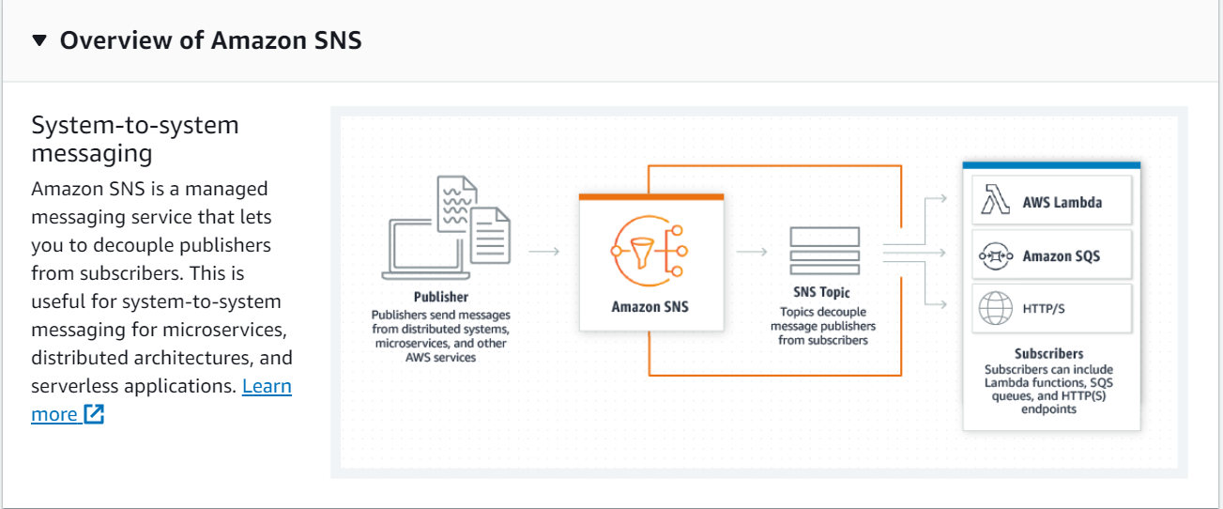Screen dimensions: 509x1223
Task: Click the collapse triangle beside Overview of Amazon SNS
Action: (38, 40)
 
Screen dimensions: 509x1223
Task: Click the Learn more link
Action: (267, 386)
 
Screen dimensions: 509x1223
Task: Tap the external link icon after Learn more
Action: (94, 414)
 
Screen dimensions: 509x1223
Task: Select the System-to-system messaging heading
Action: (135, 138)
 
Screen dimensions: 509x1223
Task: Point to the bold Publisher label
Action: (441, 297)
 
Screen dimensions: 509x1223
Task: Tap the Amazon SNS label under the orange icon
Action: (650, 306)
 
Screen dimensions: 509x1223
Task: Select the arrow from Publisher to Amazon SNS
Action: (544, 251)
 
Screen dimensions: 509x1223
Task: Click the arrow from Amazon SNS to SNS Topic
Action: (753, 251)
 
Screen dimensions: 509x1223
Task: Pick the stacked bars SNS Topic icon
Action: (824, 250)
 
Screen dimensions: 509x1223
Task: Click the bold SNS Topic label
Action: (822, 293)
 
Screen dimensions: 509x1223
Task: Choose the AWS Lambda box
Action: (1051, 202)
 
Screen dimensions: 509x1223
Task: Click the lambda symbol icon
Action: (994, 201)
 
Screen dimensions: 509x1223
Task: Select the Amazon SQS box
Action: (1051, 255)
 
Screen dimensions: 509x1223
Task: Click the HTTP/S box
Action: (1051, 307)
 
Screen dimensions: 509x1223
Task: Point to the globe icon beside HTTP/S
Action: (994, 307)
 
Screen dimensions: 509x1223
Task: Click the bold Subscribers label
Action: (1048, 354)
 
